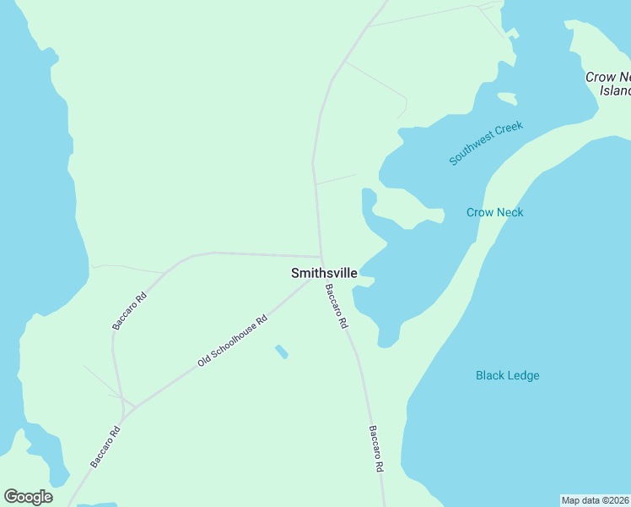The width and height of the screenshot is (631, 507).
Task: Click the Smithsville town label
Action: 324,273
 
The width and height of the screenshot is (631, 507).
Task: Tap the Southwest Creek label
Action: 486,143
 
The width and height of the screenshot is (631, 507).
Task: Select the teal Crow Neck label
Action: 494,212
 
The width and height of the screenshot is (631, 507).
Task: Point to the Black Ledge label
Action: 507,375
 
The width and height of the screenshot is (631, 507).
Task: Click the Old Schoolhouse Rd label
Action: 232,341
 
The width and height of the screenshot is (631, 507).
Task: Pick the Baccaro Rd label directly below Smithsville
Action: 337,306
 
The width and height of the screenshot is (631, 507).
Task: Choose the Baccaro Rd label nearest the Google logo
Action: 105,447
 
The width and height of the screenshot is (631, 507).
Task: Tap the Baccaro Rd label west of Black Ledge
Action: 376,448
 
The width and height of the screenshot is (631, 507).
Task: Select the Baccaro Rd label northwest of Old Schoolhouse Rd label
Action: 129,311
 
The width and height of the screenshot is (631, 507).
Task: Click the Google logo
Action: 28,497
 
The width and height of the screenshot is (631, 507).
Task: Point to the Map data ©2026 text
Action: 595,500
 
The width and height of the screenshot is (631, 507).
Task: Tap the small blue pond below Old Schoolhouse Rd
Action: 281,351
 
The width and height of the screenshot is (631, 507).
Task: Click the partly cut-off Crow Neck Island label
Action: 609,84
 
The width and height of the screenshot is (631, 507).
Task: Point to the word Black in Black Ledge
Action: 490,375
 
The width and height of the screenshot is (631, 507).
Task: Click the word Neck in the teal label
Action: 509,212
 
